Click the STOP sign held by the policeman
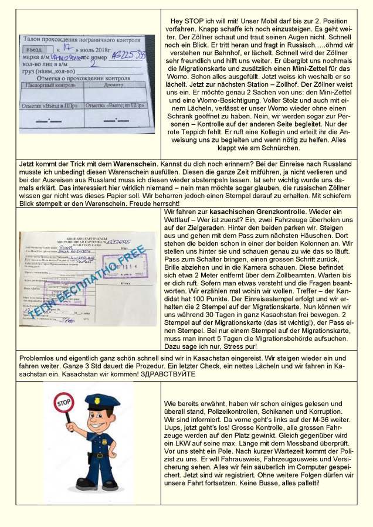pos(64,403)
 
